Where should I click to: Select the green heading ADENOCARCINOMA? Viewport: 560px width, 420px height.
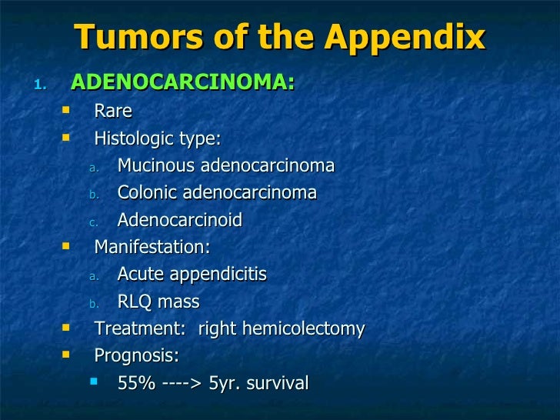tap(182, 82)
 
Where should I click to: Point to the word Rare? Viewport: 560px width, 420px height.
tap(113, 112)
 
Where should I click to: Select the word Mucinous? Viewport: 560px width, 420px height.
tap(156, 166)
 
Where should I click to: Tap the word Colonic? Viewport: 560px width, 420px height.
tap(145, 193)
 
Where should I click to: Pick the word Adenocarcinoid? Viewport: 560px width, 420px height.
tap(180, 221)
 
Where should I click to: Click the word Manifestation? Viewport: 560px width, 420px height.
tap(152, 248)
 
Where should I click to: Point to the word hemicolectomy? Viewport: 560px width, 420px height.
tap(302, 329)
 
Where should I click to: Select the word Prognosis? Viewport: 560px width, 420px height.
tap(136, 356)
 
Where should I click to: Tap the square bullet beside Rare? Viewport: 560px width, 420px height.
tap(65, 110)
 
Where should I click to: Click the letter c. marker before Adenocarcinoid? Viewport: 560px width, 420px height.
tap(92, 222)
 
